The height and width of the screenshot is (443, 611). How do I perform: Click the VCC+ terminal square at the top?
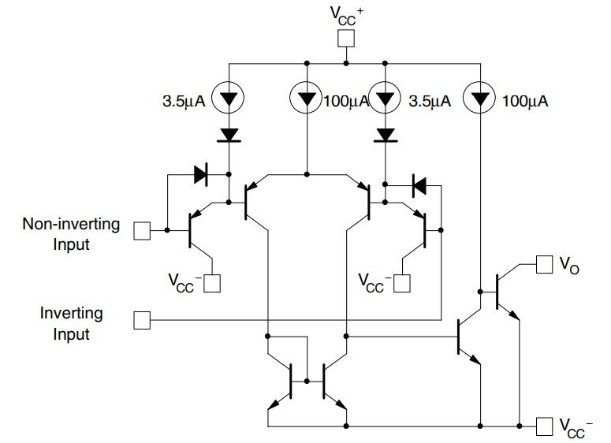click(345, 39)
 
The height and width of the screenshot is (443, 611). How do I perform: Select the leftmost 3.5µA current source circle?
click(229, 99)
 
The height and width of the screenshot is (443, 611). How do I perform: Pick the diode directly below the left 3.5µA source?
click(229, 135)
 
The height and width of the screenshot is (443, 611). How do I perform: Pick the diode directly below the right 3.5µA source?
click(385, 135)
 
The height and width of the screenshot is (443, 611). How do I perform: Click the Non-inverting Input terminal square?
click(142, 230)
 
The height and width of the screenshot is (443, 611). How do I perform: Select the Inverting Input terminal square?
click(142, 320)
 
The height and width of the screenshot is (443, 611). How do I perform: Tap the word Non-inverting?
click(71, 224)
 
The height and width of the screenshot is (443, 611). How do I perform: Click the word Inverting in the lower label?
click(71, 314)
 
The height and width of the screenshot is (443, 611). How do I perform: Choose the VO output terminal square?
click(544, 265)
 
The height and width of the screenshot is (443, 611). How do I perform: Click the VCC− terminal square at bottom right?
click(544, 426)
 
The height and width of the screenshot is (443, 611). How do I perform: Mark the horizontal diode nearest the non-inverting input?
click(199, 176)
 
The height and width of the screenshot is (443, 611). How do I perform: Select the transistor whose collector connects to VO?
click(505, 292)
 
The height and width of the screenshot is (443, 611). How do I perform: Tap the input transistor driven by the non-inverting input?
click(197, 230)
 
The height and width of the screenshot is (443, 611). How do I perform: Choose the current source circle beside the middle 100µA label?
click(306, 99)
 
